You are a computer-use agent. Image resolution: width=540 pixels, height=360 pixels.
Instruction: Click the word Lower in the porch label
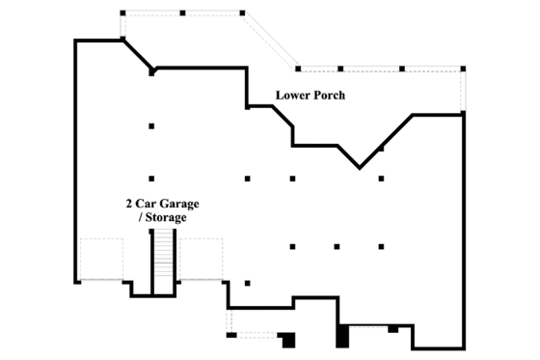point(292,96)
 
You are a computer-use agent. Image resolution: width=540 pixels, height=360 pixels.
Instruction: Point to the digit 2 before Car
point(129,204)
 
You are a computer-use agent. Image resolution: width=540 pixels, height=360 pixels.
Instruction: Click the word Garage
point(180,204)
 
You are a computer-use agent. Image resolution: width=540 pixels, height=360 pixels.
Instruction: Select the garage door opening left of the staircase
point(101,259)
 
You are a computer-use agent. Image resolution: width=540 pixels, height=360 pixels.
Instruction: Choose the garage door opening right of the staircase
point(201,259)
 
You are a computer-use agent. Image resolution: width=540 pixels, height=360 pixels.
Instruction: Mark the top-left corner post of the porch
point(122,14)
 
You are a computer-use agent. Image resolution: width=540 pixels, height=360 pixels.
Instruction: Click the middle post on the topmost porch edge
point(182,14)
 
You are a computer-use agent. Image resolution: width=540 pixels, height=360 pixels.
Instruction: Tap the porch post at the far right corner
point(463,69)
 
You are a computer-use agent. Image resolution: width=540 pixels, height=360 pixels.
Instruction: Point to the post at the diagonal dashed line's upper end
point(241,14)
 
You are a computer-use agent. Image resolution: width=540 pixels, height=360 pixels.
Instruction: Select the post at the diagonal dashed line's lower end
point(298,69)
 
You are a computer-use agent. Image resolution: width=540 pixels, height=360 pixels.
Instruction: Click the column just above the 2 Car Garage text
point(151,179)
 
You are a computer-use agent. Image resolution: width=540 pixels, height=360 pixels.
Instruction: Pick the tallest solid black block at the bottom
point(341,336)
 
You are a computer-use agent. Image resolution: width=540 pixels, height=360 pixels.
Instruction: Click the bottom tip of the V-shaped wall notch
point(360,168)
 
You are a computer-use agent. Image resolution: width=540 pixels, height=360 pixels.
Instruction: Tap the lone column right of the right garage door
point(248,283)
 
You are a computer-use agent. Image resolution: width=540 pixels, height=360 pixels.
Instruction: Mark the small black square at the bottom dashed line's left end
point(230,335)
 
